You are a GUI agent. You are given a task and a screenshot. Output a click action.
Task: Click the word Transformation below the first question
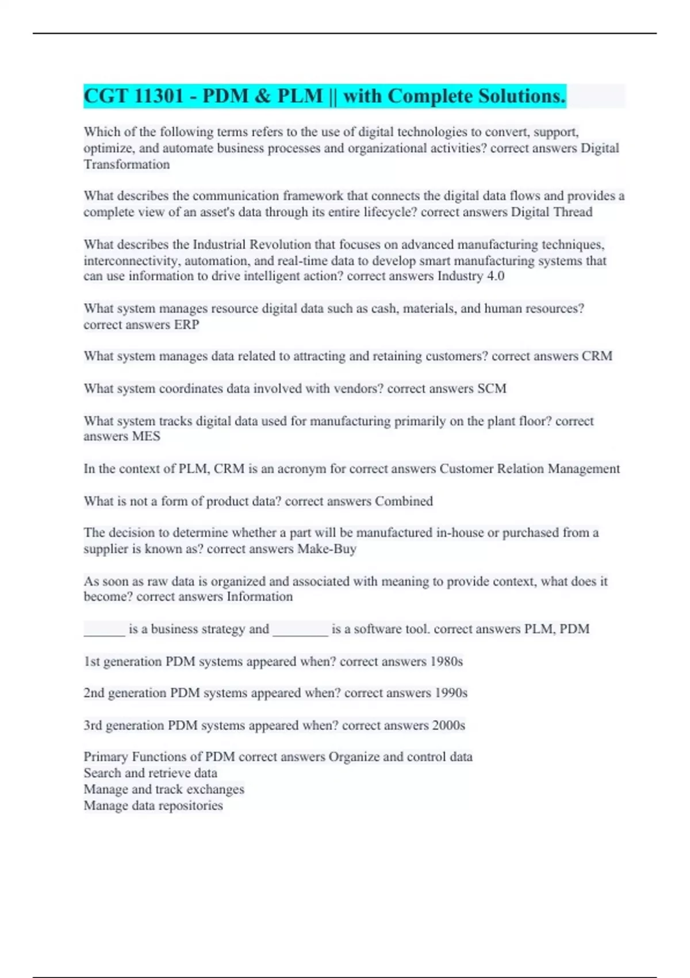point(126,165)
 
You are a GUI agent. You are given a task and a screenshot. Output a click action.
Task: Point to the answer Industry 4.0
point(470,276)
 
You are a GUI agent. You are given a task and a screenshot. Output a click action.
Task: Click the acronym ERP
point(186,324)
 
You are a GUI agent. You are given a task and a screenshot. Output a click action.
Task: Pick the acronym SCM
point(492,388)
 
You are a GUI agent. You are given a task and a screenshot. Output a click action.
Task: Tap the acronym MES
point(146,436)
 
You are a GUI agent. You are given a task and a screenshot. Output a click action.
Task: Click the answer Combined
point(404,501)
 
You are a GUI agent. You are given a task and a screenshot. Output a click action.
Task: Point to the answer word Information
point(259,597)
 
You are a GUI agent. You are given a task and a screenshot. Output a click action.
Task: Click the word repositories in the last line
point(190,805)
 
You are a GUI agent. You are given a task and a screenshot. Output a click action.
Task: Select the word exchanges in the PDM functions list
point(214,789)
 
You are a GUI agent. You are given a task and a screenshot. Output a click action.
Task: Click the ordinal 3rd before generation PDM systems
point(93,725)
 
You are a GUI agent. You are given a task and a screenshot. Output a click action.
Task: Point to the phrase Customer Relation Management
point(530,469)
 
